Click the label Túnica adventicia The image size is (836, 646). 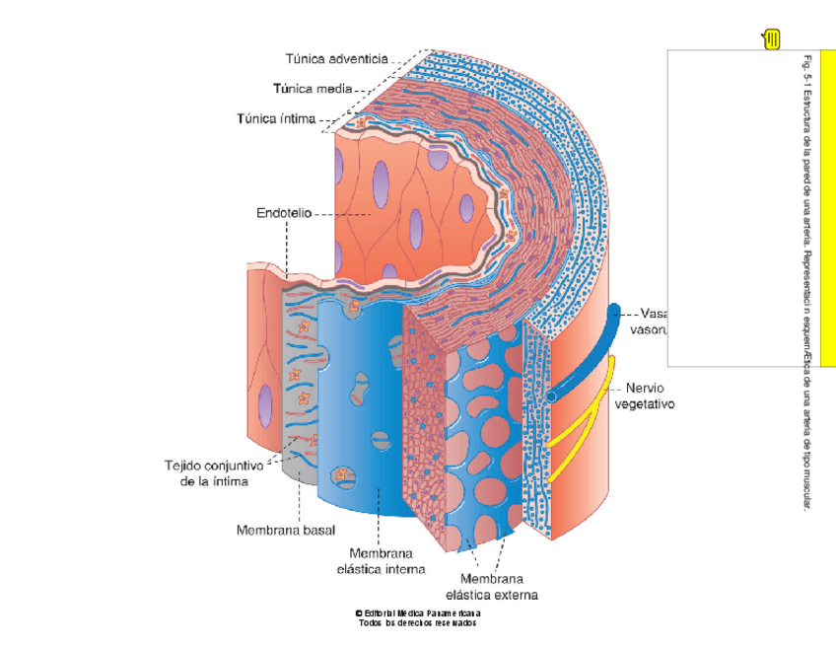(x=336, y=59)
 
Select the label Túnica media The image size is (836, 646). (x=313, y=89)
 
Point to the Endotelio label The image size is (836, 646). (x=284, y=212)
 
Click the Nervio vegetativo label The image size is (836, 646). (x=644, y=395)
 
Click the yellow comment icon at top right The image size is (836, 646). (x=771, y=39)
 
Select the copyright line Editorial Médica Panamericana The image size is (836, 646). (x=418, y=613)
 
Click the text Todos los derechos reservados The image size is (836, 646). (x=418, y=623)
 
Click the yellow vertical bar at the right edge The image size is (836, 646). (x=827, y=207)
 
